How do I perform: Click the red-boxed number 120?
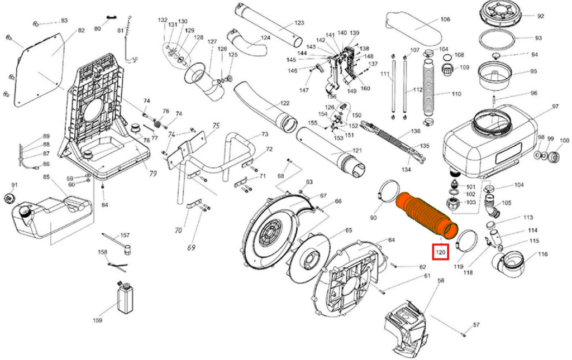[441, 253]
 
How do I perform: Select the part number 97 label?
[555, 107]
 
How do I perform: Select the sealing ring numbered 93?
[499, 39]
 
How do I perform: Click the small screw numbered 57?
[464, 335]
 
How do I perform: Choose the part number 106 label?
[445, 20]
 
